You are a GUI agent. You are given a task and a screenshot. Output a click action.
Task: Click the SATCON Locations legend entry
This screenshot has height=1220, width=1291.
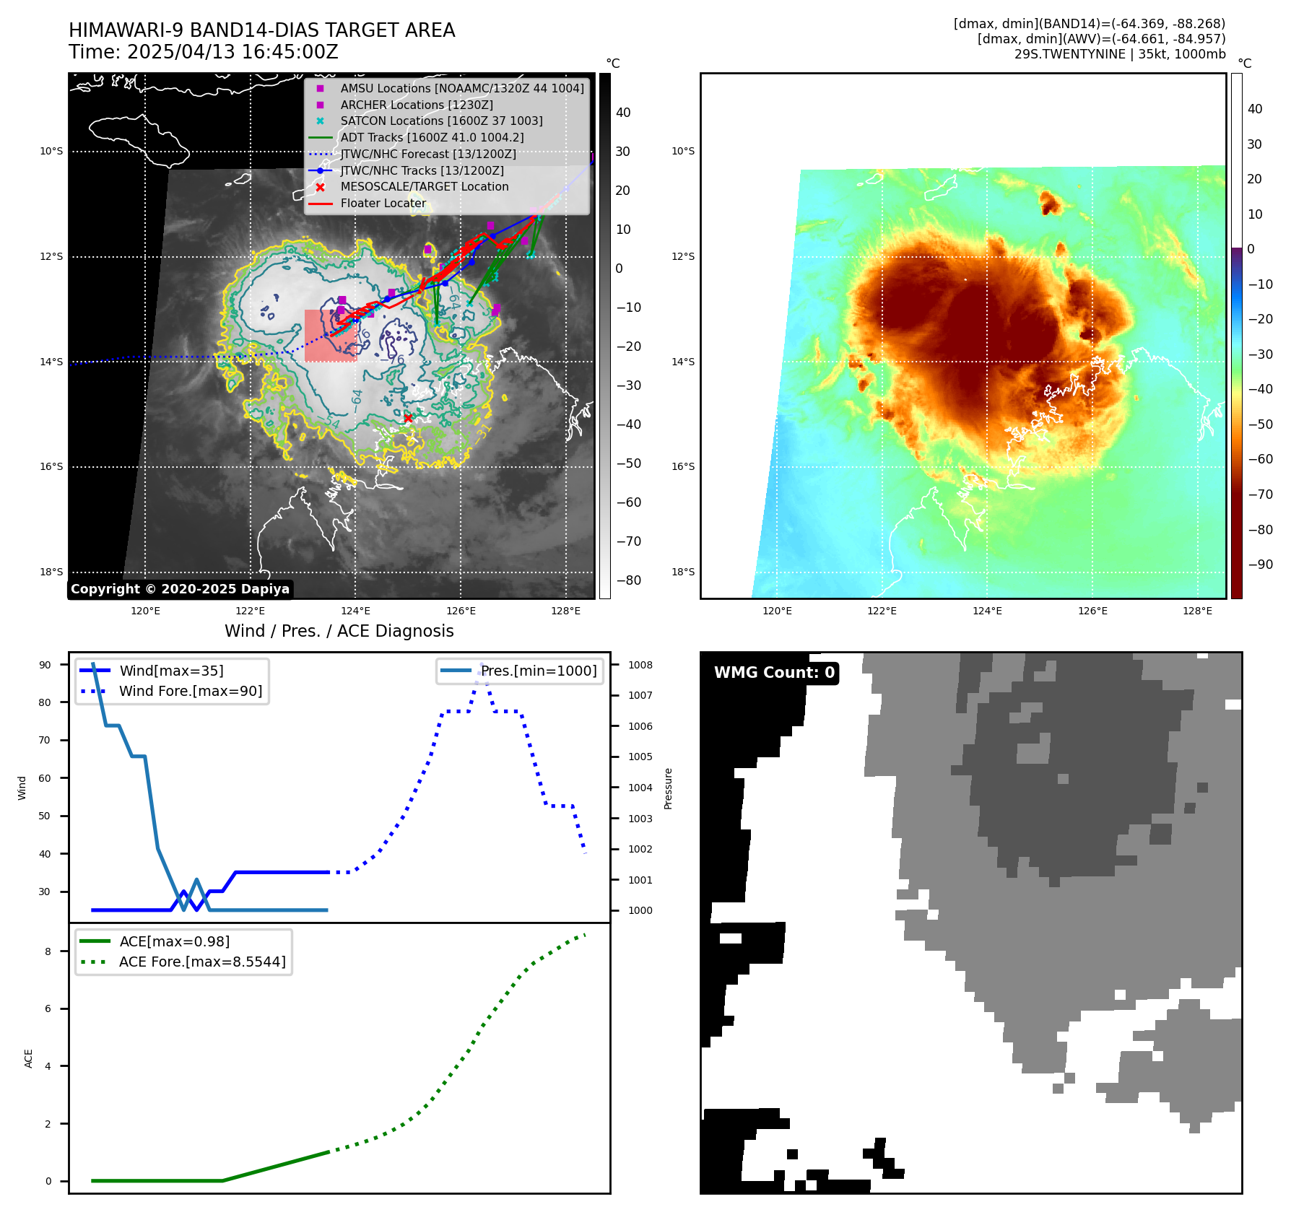441,121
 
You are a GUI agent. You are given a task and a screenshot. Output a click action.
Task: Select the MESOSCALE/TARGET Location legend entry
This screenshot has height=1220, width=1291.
425,187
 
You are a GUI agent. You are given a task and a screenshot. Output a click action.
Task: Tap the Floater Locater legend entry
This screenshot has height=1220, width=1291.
383,204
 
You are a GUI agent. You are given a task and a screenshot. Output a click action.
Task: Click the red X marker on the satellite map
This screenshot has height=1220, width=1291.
408,418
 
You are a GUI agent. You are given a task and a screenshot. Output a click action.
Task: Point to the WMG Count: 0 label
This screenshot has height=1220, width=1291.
774,673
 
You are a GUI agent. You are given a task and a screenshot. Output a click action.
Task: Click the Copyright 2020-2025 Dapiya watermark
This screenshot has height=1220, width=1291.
180,589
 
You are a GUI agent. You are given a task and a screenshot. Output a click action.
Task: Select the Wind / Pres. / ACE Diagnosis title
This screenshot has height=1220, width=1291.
339,631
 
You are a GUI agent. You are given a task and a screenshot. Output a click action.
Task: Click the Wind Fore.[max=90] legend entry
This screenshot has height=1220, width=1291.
191,692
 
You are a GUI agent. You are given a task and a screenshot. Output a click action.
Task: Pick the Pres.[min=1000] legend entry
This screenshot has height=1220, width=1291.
539,671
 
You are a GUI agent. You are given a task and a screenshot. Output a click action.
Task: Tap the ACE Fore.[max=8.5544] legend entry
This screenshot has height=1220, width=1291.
202,962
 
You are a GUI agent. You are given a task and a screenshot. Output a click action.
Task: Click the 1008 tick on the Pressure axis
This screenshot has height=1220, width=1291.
640,665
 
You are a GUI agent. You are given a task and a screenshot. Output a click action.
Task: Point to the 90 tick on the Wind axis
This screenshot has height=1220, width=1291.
45,665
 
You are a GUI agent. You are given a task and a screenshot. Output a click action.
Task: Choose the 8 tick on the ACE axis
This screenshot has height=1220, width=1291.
48,951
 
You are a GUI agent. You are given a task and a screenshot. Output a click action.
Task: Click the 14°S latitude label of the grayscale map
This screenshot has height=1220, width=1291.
51,362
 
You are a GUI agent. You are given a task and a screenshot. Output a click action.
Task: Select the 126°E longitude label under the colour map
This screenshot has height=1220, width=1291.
1092,611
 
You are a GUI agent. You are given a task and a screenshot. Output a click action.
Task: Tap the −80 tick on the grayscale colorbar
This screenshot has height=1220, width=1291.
628,580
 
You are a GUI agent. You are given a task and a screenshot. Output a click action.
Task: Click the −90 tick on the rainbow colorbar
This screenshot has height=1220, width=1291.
1260,565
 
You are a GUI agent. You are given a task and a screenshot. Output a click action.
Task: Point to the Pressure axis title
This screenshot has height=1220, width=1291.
668,788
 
